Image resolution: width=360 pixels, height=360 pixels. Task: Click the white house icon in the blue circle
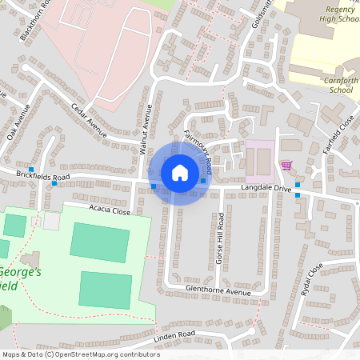pyautogui.click(x=179, y=172)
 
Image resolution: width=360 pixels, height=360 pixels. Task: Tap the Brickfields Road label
pyautogui.click(x=43, y=175)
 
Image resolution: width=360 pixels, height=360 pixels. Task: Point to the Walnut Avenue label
pyautogui.click(x=146, y=128)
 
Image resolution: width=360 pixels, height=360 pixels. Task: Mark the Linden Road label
pyautogui.click(x=175, y=334)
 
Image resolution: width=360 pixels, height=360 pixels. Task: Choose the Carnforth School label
pyautogui.click(x=330, y=84)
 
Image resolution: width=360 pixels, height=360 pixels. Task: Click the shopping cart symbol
pyautogui.click(x=286, y=166)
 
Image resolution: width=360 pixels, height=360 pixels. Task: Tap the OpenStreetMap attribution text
pyautogui.click(x=80, y=354)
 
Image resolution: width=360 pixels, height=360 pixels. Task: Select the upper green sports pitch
pyautogui.click(x=100, y=242)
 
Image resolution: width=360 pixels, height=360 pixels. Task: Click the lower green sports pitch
pyautogui.click(x=106, y=289)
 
